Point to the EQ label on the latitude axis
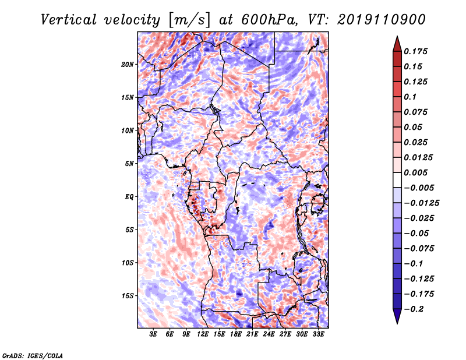[130, 197]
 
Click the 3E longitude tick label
[154, 334]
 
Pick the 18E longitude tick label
[236, 334]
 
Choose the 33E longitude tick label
[318, 334]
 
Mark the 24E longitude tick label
[269, 334]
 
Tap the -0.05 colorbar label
[418, 234]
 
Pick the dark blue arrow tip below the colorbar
[397, 319]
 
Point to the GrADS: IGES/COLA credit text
[33, 355]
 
